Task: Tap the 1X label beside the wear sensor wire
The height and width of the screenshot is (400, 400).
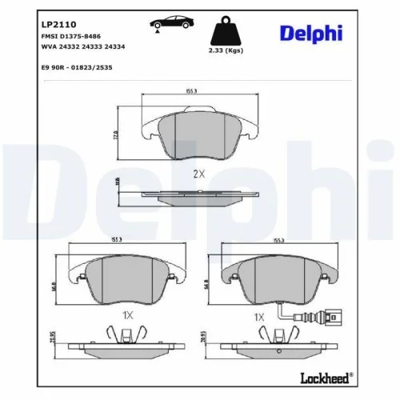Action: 258,317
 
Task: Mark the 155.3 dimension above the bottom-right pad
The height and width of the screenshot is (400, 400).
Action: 278,240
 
